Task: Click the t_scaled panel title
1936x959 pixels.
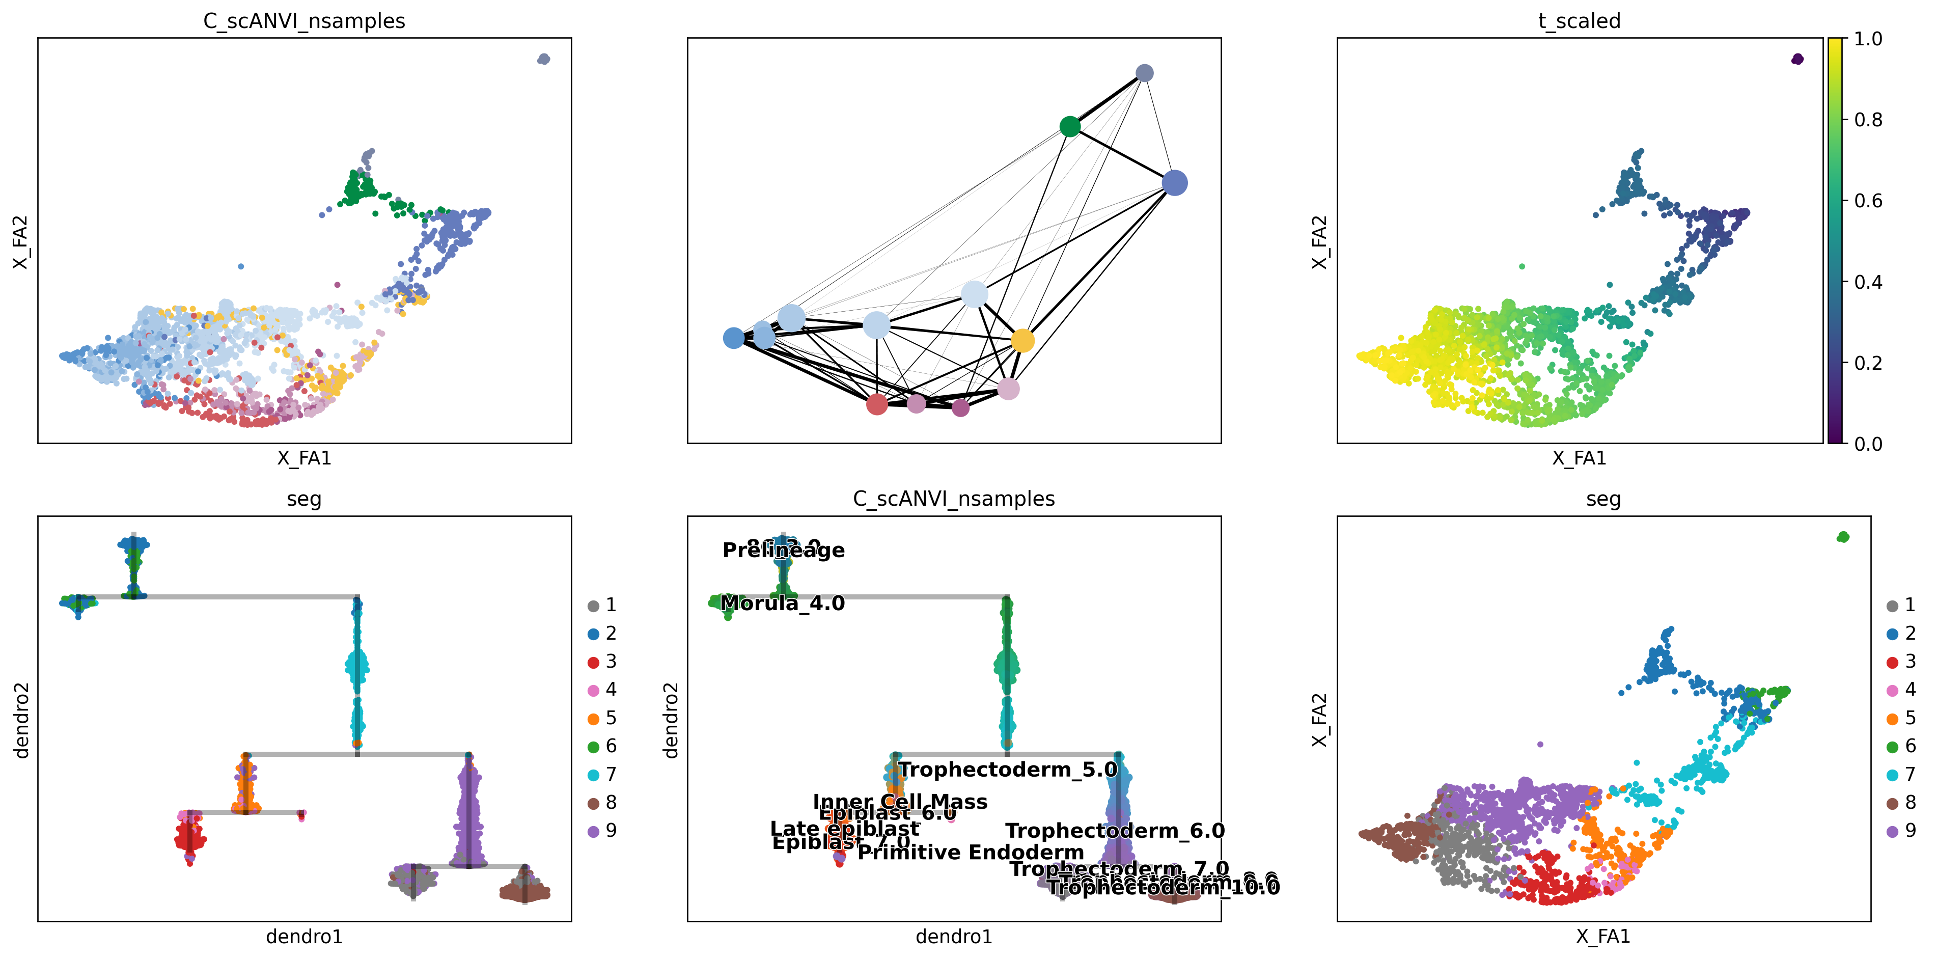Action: click(x=1579, y=21)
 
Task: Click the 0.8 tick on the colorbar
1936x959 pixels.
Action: click(x=1868, y=120)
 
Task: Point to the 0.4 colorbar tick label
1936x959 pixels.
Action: click(x=1868, y=282)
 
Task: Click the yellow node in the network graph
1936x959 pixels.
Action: click(x=1022, y=340)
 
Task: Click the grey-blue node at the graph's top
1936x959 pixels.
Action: click(x=1144, y=73)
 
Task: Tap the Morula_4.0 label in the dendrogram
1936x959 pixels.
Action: click(x=782, y=604)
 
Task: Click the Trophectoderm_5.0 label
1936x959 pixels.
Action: click(x=1008, y=770)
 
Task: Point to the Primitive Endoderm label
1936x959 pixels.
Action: click(x=970, y=852)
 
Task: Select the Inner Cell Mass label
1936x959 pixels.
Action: click(x=900, y=802)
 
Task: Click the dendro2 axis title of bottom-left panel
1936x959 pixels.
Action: click(x=21, y=719)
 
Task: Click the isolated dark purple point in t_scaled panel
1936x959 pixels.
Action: click(x=1797, y=59)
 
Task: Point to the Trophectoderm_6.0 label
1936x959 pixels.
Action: click(x=1115, y=831)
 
